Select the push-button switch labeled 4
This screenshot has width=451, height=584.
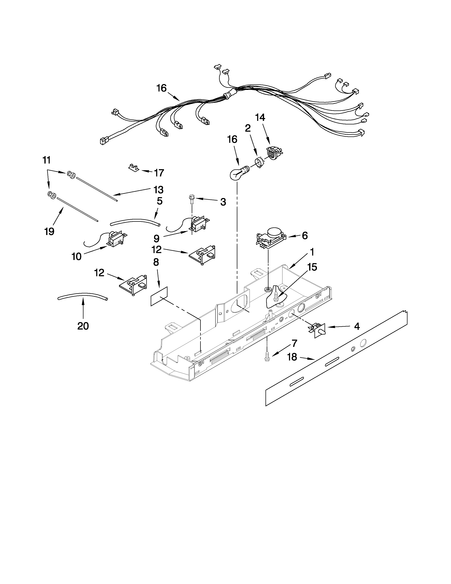[319, 331]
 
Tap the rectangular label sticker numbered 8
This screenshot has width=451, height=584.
[159, 296]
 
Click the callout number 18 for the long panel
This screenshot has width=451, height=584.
[292, 357]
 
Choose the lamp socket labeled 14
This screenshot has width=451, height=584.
[274, 153]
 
